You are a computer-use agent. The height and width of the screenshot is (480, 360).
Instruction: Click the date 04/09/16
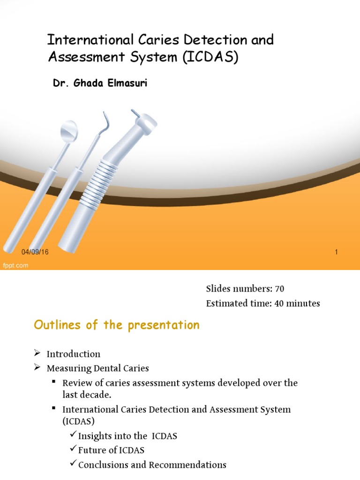point(35,252)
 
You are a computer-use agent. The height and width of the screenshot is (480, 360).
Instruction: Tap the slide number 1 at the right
point(337,252)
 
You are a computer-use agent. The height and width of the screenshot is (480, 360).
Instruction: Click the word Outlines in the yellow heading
point(55,325)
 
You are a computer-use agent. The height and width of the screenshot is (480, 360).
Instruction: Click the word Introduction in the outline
point(73,354)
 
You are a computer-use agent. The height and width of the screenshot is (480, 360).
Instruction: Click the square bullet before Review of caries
point(54,382)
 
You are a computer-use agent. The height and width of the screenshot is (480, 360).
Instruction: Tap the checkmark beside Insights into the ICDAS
point(73,435)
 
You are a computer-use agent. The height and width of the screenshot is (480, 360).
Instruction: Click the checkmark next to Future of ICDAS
point(73,450)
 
